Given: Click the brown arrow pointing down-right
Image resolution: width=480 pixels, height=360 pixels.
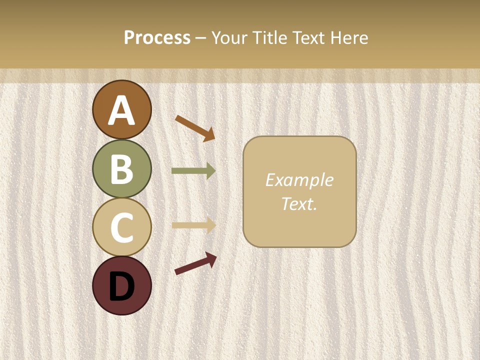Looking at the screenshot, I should pyautogui.click(x=195, y=128).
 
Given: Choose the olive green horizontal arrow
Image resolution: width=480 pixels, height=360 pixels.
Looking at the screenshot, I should pyautogui.click(x=193, y=171).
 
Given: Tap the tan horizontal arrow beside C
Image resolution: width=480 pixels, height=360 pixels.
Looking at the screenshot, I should pyautogui.click(x=193, y=225).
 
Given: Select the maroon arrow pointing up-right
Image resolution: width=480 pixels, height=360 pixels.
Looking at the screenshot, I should pyautogui.click(x=195, y=263).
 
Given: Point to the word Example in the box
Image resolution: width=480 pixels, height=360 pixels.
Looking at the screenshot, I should pyautogui.click(x=299, y=180).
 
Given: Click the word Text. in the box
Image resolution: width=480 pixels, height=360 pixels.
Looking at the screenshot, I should pyautogui.click(x=299, y=204).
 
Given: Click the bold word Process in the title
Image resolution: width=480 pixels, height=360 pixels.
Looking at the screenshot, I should pyautogui.click(x=157, y=38).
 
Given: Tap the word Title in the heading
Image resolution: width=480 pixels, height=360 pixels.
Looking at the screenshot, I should pyautogui.click(x=268, y=38).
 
